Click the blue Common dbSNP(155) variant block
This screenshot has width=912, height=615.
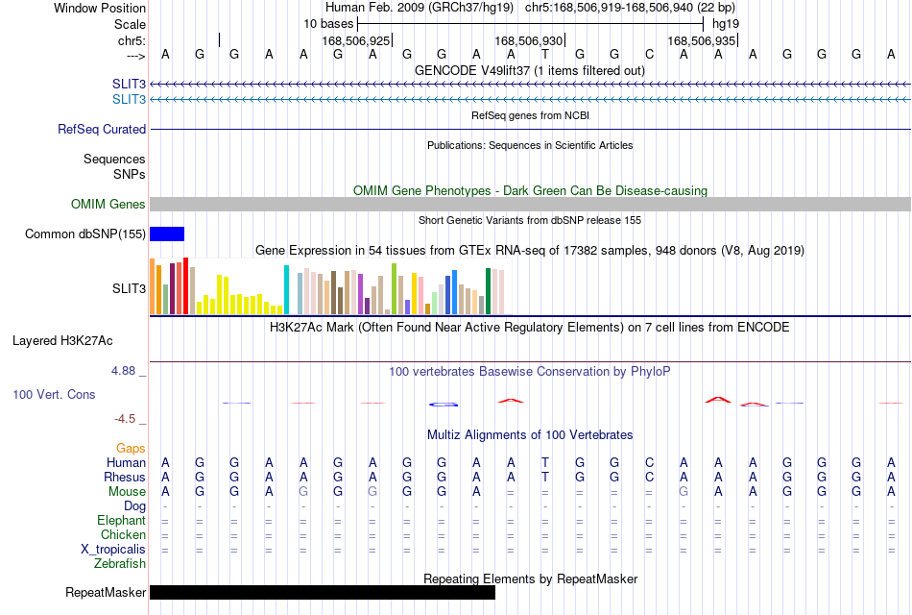click(167, 234)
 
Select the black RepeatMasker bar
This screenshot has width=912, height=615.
click(323, 592)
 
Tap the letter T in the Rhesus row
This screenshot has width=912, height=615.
click(545, 477)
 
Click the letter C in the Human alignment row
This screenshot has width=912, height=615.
click(649, 462)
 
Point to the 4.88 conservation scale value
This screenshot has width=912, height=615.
click(123, 371)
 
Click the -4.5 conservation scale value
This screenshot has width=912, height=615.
click(125, 419)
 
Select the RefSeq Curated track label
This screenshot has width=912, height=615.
click(102, 130)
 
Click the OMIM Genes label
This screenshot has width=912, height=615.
click(108, 204)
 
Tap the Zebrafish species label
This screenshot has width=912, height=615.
click(120, 564)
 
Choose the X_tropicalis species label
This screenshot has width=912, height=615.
click(113, 550)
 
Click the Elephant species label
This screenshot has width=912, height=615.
click(122, 520)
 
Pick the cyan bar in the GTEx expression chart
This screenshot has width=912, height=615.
click(286, 289)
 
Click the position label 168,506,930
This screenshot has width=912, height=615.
click(529, 40)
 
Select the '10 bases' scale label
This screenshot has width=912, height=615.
click(328, 24)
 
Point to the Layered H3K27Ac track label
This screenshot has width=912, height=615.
click(62, 341)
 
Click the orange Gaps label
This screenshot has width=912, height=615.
click(131, 448)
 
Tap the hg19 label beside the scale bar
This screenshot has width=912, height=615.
click(726, 24)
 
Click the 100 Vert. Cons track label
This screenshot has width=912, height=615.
click(54, 394)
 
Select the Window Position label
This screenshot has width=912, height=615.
click(100, 8)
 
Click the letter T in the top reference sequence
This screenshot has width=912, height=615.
click(545, 54)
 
